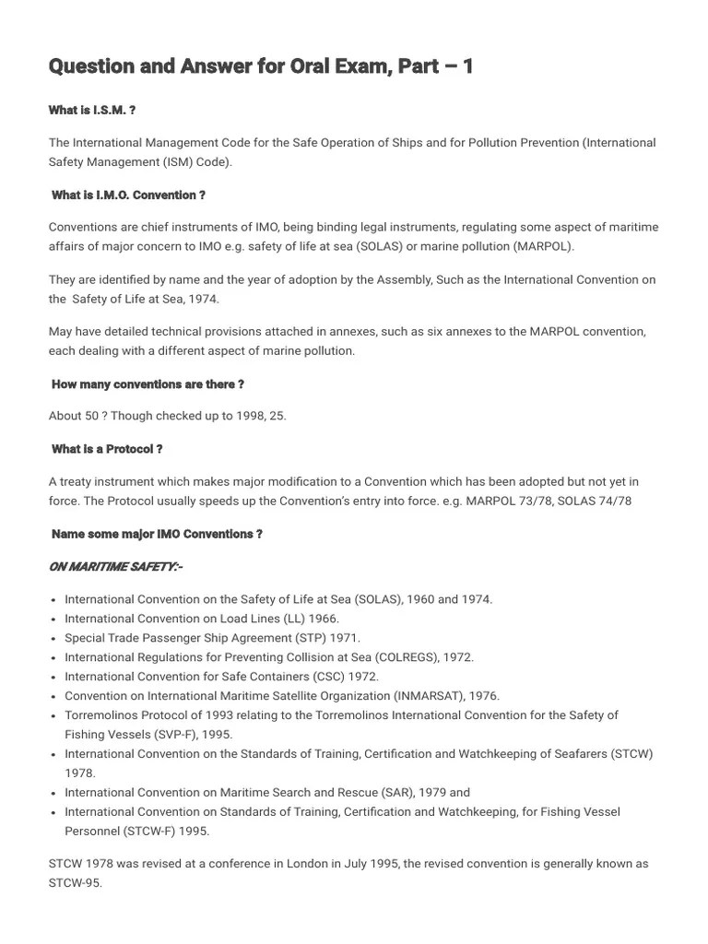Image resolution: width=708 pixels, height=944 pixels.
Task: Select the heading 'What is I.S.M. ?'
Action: pos(92,111)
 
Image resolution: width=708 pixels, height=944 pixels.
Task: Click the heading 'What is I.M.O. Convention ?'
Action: pos(128,195)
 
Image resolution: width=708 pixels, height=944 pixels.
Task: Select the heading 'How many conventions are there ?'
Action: pos(147,384)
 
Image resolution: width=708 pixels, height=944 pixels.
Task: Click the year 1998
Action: pos(235,416)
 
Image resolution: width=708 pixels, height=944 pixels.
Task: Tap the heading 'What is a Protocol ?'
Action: pos(107,449)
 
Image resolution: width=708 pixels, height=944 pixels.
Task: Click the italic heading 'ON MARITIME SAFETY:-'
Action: pos(115,566)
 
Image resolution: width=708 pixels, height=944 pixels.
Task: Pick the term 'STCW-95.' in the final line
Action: pos(75,882)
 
